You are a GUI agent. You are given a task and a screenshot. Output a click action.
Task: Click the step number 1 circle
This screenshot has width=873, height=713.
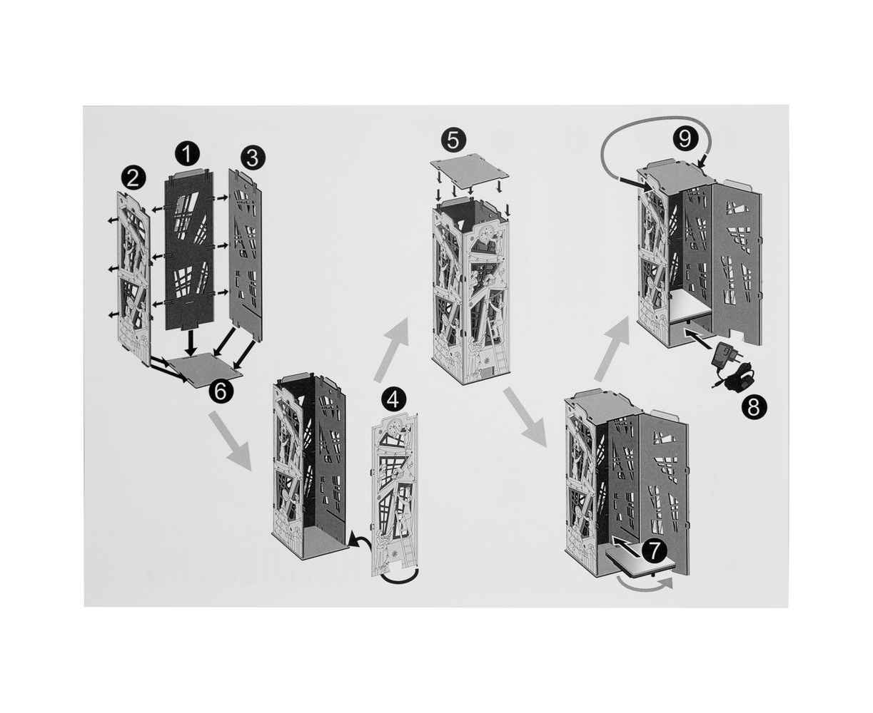pyautogui.click(x=187, y=153)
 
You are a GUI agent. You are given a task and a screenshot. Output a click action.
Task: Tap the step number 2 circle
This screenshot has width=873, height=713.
pyautogui.click(x=133, y=179)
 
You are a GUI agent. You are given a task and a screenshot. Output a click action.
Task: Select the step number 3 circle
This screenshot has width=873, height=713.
pyautogui.click(x=253, y=158)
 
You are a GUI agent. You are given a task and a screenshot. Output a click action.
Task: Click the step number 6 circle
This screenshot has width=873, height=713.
pyautogui.click(x=221, y=391)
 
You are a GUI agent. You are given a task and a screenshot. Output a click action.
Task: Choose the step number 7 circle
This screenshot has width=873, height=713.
pyautogui.click(x=654, y=551)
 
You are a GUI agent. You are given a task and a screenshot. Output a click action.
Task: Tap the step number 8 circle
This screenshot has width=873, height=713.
pyautogui.click(x=754, y=407)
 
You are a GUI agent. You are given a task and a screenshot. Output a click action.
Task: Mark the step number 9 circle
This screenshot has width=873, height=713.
pyautogui.click(x=685, y=138)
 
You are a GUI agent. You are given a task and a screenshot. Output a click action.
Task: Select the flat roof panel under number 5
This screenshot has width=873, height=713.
pyautogui.click(x=470, y=169)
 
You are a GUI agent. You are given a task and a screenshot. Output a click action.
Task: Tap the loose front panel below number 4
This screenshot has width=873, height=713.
pyautogui.click(x=395, y=497)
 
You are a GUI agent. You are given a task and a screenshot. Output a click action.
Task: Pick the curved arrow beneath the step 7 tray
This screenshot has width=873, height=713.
pyautogui.click(x=644, y=585)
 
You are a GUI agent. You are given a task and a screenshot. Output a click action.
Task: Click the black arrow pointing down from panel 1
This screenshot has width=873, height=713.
pyautogui.click(x=190, y=342)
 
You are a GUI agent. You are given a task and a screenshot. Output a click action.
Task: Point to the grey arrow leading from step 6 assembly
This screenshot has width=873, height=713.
pyautogui.click(x=230, y=441)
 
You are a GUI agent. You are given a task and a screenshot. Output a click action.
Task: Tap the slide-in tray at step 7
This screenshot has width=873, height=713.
pyautogui.click(x=640, y=561)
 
